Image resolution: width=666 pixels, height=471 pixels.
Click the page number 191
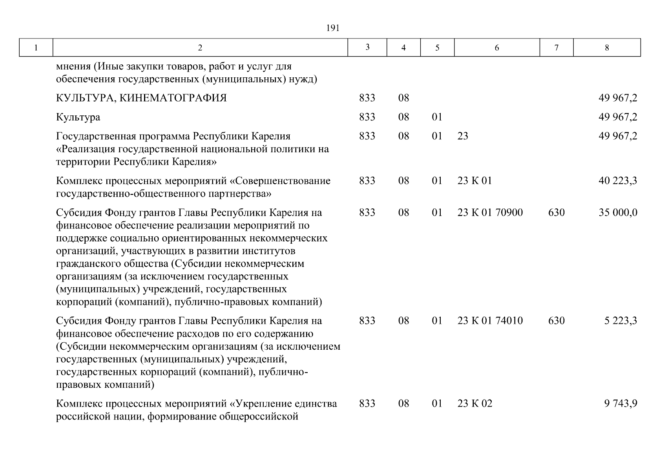click(332, 28)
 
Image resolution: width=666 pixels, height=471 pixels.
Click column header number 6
click(497, 48)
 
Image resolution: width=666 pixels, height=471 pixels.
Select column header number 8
click(607, 48)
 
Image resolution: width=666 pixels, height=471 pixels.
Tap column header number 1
click(36, 48)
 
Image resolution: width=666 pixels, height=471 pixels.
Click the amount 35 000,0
click(618, 213)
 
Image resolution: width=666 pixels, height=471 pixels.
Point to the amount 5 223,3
click(620, 321)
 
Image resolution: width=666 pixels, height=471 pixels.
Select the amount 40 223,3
click(618, 181)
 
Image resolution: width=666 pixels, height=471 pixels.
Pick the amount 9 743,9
click(620, 403)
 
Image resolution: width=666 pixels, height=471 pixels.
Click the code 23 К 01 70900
click(490, 213)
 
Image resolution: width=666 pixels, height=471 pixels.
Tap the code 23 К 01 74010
click(490, 321)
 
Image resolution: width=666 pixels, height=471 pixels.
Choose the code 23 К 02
click(474, 403)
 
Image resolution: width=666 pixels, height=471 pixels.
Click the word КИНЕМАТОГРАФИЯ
click(173, 98)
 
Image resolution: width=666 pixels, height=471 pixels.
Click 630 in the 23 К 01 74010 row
click(556, 321)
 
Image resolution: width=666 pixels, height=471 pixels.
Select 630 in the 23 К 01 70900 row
click(556, 213)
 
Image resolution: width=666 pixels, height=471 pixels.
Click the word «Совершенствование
click(279, 181)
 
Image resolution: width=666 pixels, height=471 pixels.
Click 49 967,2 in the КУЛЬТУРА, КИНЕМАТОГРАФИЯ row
click(618, 98)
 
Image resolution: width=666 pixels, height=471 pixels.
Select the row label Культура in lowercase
click(78, 117)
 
